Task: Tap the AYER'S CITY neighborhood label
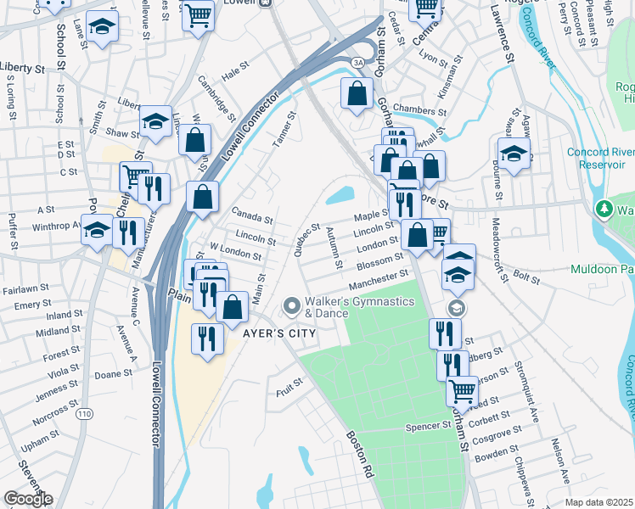[x=279, y=333]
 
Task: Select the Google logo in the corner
[x=27, y=499]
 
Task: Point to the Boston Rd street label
[x=360, y=456]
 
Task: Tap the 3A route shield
[x=358, y=61]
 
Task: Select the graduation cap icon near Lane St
[x=103, y=27]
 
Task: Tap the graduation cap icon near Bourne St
[x=514, y=154]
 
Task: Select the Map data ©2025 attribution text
[x=598, y=502]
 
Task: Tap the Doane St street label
[x=113, y=374]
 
